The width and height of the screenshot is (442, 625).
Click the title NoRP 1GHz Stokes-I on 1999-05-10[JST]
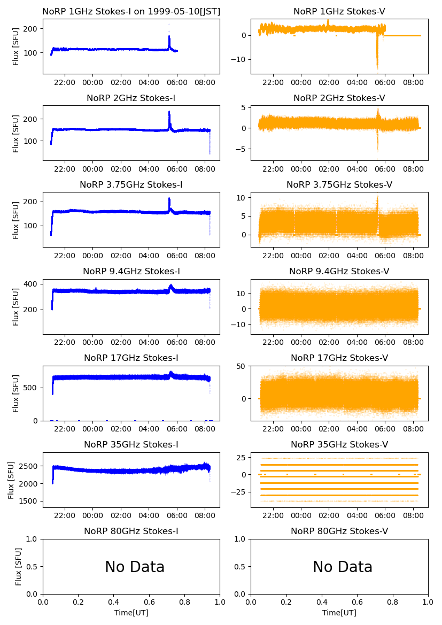click(x=131, y=11)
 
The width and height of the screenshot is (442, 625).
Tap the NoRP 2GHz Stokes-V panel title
click(x=339, y=98)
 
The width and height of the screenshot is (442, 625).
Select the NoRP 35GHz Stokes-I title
click(x=131, y=444)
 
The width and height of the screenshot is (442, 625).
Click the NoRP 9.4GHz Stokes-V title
click(x=339, y=271)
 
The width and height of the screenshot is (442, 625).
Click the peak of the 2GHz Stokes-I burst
click(x=169, y=112)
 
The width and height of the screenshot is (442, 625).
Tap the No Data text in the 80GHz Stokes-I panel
click(x=135, y=567)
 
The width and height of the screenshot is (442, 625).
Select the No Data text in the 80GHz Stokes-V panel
click(x=343, y=567)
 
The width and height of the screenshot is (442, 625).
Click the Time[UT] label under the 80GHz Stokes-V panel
click(x=339, y=613)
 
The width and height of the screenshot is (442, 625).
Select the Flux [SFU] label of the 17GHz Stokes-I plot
click(x=16, y=393)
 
